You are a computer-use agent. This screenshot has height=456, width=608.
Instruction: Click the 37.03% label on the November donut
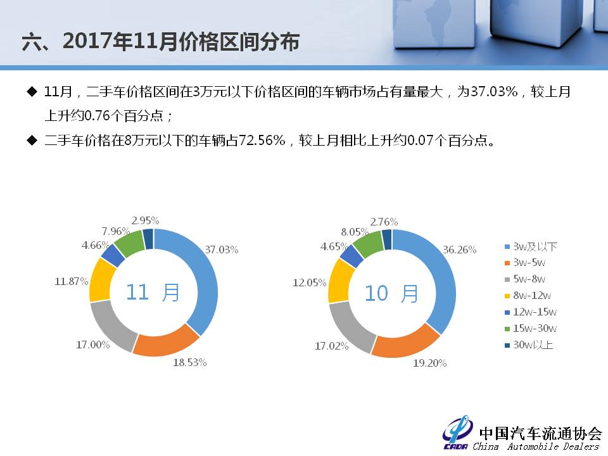(222, 250)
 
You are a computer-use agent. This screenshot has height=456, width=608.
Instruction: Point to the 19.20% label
(429, 363)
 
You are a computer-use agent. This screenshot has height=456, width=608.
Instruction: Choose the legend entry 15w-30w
(531, 329)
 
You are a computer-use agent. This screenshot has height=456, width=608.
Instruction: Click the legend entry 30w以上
(529, 345)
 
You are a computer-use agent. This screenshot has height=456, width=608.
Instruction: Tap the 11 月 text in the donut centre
(153, 293)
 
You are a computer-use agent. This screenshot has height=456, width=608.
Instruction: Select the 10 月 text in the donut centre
(391, 293)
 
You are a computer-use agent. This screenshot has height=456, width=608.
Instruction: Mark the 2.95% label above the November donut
(146, 220)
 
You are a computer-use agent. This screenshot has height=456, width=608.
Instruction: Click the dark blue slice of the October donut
(386, 239)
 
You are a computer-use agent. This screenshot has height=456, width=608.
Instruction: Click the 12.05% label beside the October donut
(310, 282)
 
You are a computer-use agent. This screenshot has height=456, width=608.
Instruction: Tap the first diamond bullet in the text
(32, 92)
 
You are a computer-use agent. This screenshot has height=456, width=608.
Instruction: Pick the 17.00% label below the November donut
(93, 345)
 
